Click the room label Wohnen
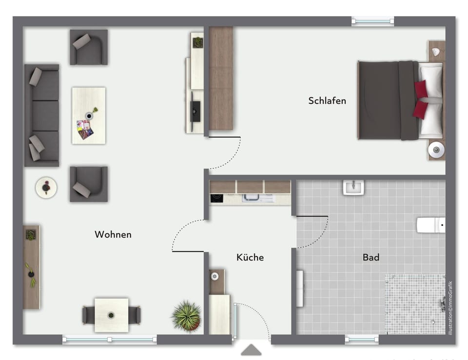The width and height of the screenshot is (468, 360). click(113, 234)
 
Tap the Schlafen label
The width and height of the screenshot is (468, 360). click(327, 100)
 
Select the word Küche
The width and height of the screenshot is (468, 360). click(250, 257)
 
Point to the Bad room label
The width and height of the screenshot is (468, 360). click(371, 257)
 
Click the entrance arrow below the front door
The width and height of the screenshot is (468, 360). click(252, 350)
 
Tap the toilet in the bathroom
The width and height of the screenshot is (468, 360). click(430, 225)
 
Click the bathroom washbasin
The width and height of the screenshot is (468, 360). click(353, 188)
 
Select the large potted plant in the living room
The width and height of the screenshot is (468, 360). click(187, 316)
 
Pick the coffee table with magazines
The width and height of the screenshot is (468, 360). click(89, 116)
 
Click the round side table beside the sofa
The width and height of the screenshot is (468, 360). click(46, 188)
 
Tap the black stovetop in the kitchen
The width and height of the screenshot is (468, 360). click(216, 198)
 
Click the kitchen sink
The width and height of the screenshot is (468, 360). click(258, 198)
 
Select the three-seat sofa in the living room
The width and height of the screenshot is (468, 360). click(42, 115)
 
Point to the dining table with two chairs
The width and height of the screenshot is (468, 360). click(111, 315)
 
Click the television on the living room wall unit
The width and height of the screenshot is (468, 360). click(195, 111)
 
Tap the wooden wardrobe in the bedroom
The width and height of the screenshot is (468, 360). click(220, 78)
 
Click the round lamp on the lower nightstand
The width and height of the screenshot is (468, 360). click(436, 150)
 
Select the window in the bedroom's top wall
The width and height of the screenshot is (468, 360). click(373, 21)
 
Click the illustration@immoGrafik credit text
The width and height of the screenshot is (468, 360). click(450, 308)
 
